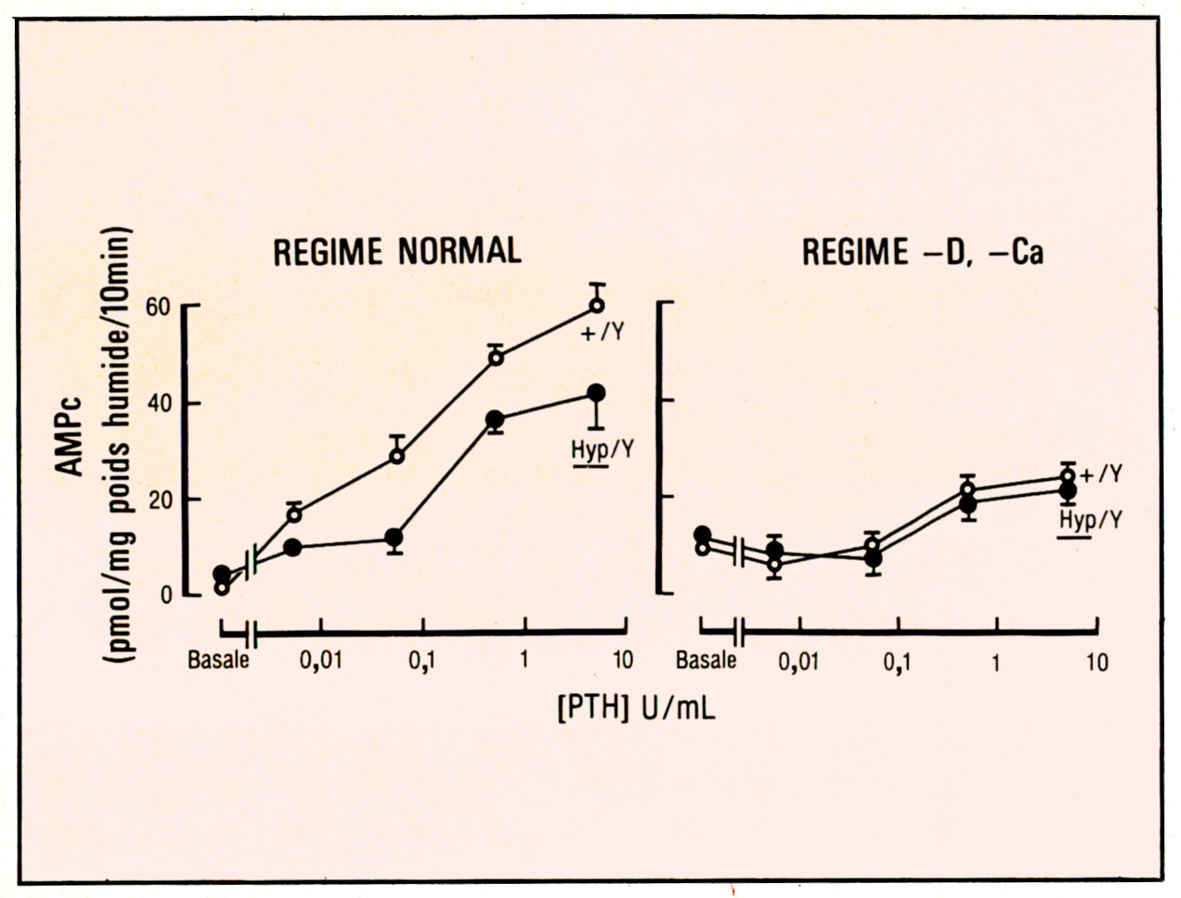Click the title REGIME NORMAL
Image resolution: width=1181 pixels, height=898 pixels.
pos(398,250)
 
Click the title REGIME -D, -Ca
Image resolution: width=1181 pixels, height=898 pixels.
pos(922,251)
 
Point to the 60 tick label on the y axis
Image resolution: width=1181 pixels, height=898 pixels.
pos(158,307)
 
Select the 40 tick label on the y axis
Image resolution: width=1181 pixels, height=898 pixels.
pos(158,403)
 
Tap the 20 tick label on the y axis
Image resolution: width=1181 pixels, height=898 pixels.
pos(158,500)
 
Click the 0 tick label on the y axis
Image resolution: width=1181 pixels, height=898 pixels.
pos(166,595)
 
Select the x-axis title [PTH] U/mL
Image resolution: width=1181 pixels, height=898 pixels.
pos(636,708)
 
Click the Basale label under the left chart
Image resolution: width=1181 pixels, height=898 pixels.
pos(218,660)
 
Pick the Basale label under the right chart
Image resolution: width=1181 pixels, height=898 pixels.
pos(706,660)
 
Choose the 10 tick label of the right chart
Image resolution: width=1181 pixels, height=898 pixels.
pos(1097,662)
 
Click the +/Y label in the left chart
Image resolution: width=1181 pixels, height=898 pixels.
pos(601,333)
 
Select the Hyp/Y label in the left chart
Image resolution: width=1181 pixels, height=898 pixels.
pos(602,450)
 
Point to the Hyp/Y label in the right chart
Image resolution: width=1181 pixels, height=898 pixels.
pos(1090,521)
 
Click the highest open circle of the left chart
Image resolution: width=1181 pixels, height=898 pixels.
pos(596,305)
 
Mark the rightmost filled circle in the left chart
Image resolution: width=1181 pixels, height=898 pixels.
pos(596,393)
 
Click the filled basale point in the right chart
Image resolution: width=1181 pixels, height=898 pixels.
pos(703,535)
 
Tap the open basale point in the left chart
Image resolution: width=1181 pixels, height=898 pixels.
pos(221,588)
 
